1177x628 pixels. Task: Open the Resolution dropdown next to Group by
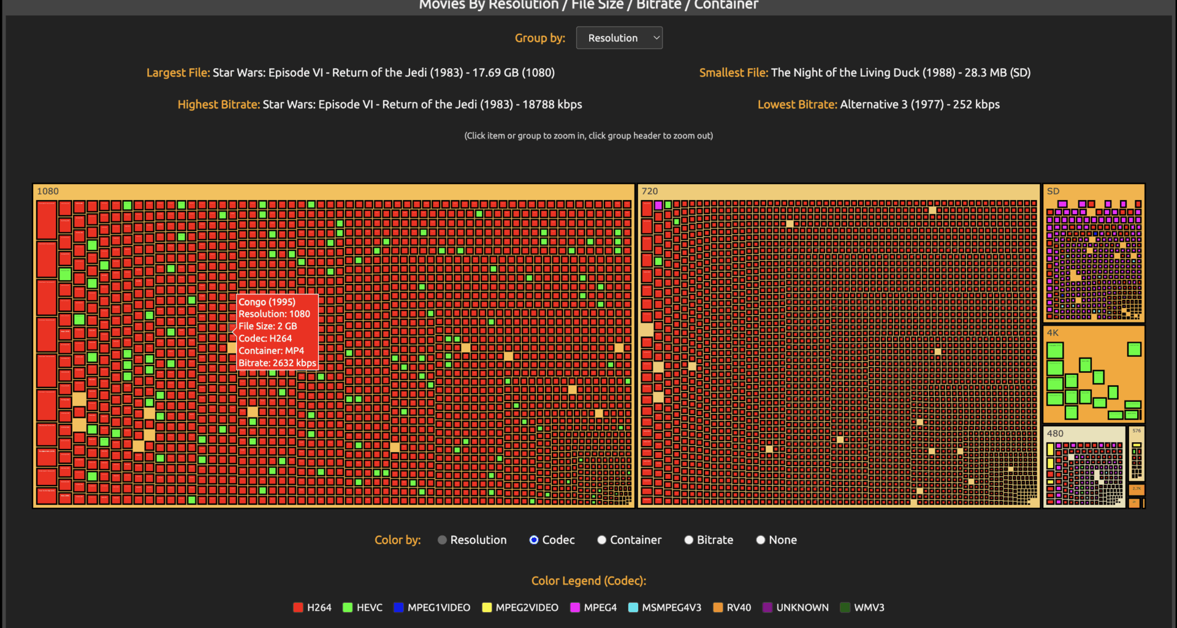click(619, 38)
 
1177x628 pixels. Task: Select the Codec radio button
click(534, 540)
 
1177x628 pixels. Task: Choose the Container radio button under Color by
click(602, 540)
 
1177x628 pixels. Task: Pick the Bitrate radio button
click(689, 540)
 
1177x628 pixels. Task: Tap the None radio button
click(761, 540)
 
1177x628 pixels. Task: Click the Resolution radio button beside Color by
click(442, 540)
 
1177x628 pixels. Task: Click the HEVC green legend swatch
click(348, 607)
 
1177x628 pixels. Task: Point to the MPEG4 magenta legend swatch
click(575, 607)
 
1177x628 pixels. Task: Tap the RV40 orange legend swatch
click(718, 607)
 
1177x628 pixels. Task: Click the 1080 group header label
click(48, 191)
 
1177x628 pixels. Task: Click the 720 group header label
click(650, 191)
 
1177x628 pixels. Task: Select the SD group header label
click(1053, 191)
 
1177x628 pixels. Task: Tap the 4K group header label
click(1053, 333)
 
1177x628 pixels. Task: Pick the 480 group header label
click(1055, 434)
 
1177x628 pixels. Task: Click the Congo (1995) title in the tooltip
click(267, 302)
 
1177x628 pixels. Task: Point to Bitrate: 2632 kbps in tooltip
click(277, 363)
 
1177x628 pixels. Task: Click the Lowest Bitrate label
click(797, 104)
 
